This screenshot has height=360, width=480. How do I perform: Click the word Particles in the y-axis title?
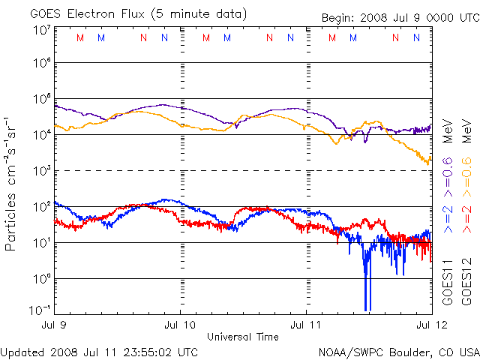(x=12, y=217)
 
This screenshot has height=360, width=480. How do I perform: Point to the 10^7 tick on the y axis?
(x=40, y=30)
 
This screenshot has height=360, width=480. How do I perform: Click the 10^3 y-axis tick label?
(x=40, y=171)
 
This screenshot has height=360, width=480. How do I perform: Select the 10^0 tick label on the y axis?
(x=40, y=278)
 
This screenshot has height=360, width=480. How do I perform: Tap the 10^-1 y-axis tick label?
(x=38, y=309)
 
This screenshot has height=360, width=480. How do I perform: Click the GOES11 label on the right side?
(x=448, y=283)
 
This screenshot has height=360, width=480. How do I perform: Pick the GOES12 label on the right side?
(x=465, y=283)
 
